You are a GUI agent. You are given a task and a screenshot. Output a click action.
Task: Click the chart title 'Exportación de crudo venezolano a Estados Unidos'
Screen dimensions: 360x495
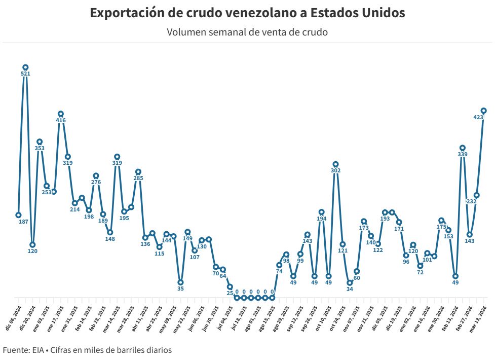[x=247, y=13]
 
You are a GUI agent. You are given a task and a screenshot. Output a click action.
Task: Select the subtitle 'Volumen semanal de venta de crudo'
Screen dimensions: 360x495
[x=247, y=32]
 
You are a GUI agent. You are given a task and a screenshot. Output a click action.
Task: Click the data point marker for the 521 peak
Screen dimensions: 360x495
[x=25, y=67]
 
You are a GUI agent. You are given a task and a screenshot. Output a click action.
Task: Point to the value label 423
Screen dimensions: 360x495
[x=478, y=117]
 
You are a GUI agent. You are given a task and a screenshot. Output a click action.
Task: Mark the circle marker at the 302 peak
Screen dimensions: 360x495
[x=335, y=164]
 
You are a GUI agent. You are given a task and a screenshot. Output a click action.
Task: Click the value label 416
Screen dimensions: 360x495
[x=61, y=121]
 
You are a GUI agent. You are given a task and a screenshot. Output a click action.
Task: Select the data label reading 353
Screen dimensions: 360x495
[x=40, y=149]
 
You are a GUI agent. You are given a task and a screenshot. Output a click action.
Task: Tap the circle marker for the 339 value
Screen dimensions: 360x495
[x=462, y=148]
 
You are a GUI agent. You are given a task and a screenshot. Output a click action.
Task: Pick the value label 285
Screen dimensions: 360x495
[x=138, y=178]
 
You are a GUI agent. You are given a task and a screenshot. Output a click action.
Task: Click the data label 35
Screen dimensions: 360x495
[x=180, y=289]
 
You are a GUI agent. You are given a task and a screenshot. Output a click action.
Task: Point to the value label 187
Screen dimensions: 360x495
[x=23, y=222]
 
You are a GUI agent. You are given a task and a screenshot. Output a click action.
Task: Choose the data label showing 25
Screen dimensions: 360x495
[x=230, y=294]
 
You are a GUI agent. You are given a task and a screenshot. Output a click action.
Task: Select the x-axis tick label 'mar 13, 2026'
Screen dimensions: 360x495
[x=479, y=318]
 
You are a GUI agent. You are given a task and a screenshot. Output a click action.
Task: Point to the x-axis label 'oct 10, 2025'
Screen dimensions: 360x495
[x=325, y=318]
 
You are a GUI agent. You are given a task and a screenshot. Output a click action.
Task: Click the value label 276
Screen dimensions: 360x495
[x=96, y=183]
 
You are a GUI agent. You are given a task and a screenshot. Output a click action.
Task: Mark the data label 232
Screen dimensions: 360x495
[x=471, y=202]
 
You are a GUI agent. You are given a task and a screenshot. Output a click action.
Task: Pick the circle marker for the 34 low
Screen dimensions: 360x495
[x=350, y=283]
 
